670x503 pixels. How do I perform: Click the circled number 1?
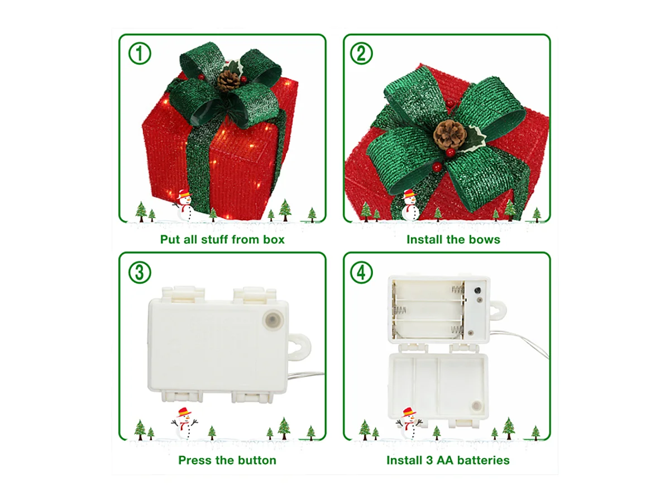140,54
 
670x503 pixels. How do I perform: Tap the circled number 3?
140,272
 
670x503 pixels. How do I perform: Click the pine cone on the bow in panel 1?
228,80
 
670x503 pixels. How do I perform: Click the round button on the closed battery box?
272,320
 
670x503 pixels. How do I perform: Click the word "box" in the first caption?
273,240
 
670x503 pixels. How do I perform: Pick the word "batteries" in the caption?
483,461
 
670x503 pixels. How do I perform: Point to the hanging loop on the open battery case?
496,310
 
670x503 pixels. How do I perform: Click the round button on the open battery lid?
476,406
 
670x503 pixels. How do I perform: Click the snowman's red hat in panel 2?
409,193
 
